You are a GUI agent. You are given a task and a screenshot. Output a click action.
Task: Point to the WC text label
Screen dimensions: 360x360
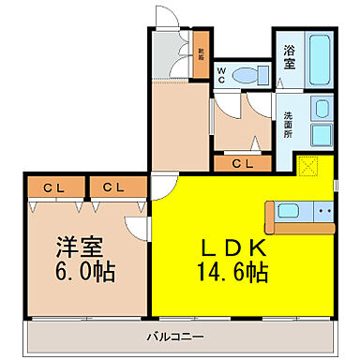pyautogui.click(x=222, y=74)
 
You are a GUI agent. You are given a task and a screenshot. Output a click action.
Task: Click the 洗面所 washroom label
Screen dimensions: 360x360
pyautogui.click(x=288, y=125)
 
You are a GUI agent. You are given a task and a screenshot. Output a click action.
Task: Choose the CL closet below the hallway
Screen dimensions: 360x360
pyautogui.click(x=240, y=164)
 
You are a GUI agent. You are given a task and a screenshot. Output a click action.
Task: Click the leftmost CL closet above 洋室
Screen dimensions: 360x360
pyautogui.click(x=53, y=187)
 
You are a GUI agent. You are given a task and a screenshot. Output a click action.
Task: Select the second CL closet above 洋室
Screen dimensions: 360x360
pyautogui.click(x=114, y=187)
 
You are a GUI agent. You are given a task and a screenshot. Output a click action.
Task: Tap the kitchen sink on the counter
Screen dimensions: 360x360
pyautogui.click(x=290, y=212)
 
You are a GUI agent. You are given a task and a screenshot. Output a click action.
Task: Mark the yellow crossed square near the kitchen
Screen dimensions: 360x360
pyautogui.click(x=308, y=167)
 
